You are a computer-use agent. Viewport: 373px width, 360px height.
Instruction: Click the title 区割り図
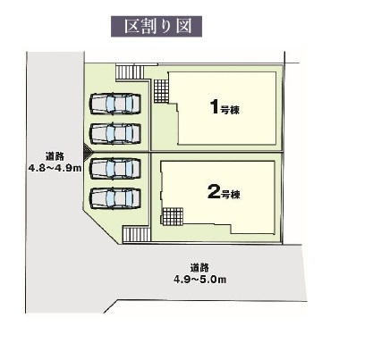(x=157, y=27)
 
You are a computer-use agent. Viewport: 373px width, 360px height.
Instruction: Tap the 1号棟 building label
(x=225, y=107)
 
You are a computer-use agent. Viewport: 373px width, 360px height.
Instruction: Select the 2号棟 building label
(x=224, y=192)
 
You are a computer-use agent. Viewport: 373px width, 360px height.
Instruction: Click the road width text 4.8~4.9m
(x=55, y=168)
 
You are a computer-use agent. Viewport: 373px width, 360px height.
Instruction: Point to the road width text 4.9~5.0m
(x=200, y=280)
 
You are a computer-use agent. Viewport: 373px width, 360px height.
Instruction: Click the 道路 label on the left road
(x=55, y=156)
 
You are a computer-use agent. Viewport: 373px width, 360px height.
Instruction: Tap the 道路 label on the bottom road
(x=199, y=268)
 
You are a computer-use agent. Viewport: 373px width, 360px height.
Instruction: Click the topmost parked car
(x=114, y=104)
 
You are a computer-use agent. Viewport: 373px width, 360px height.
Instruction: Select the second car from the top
(x=114, y=134)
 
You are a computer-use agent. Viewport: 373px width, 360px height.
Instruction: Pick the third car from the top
(x=114, y=169)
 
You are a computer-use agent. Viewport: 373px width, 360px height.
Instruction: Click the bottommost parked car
(x=114, y=198)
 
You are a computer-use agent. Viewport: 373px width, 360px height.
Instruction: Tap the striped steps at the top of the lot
(x=130, y=72)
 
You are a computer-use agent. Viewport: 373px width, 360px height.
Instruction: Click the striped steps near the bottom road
(x=137, y=234)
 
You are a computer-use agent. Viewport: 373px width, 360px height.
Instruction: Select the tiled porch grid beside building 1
(x=162, y=90)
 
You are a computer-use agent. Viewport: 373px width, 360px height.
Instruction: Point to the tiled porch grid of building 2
(x=173, y=216)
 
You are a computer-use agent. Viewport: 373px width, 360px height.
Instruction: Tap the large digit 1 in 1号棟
(x=215, y=107)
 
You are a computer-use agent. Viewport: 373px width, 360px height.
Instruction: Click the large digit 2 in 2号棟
(x=214, y=192)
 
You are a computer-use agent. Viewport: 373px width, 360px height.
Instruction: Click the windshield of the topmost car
(x=110, y=104)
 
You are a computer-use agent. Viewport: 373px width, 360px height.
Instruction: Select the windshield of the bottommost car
(x=110, y=198)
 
